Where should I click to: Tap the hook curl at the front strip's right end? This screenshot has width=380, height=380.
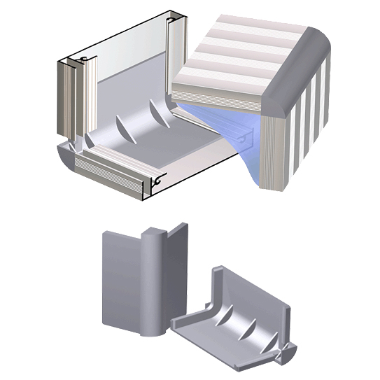[160, 181]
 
